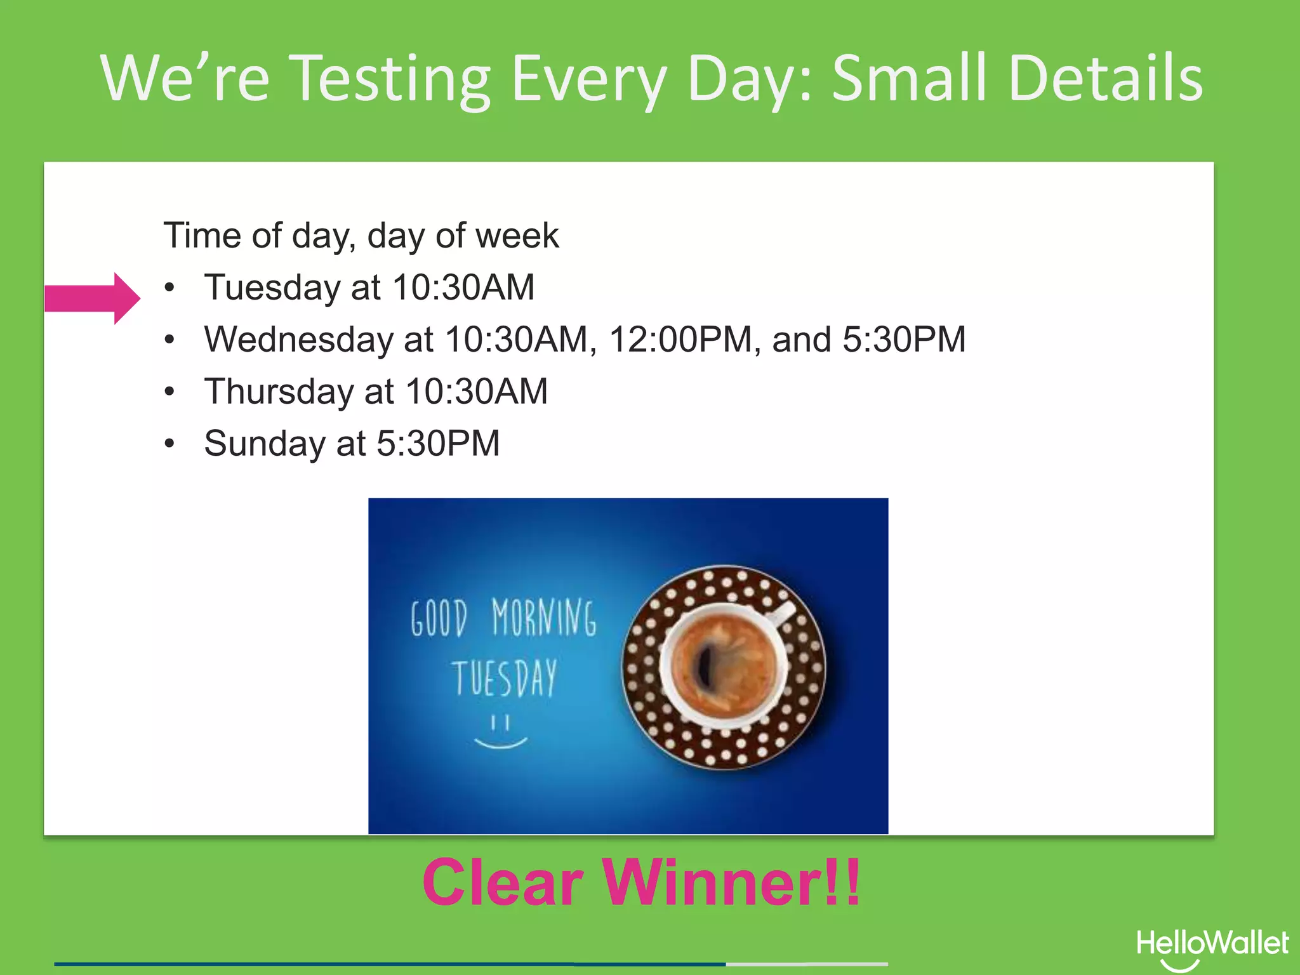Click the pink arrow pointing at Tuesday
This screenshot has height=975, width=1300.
(x=93, y=298)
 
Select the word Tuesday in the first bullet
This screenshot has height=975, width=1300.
(x=272, y=288)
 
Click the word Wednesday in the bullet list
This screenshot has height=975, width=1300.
(x=298, y=340)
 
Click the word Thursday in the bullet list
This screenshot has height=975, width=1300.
(x=279, y=392)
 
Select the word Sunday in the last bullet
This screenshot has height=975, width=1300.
(x=265, y=443)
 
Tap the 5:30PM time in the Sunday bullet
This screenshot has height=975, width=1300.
(x=438, y=443)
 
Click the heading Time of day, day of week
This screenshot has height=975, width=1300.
(x=361, y=235)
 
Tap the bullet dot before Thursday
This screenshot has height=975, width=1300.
(x=169, y=392)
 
